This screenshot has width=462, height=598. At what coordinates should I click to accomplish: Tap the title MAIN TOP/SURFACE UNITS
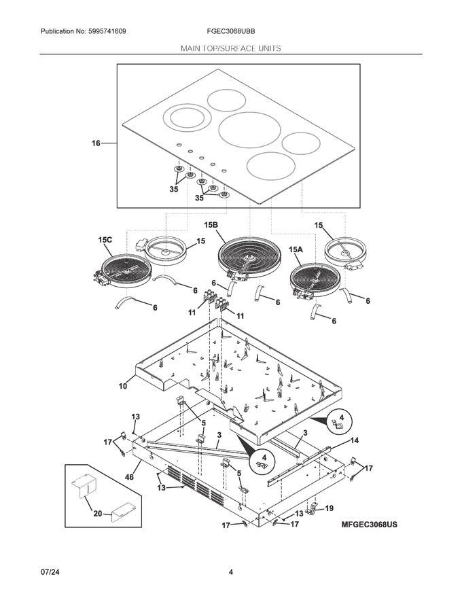click(231, 49)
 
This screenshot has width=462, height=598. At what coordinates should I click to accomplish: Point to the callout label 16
click(96, 143)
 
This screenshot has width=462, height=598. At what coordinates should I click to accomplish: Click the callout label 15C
click(105, 240)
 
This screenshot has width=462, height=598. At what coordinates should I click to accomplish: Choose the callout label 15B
click(210, 225)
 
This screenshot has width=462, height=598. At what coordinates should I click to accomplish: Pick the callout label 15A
click(296, 250)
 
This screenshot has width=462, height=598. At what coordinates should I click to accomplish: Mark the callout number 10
click(123, 387)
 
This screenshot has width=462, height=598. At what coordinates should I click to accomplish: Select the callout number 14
click(354, 440)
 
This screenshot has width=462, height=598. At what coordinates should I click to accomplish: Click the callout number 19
click(329, 508)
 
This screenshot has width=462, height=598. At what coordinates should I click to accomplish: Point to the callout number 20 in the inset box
click(97, 514)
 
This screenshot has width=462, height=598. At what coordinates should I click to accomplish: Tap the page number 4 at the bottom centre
click(231, 572)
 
